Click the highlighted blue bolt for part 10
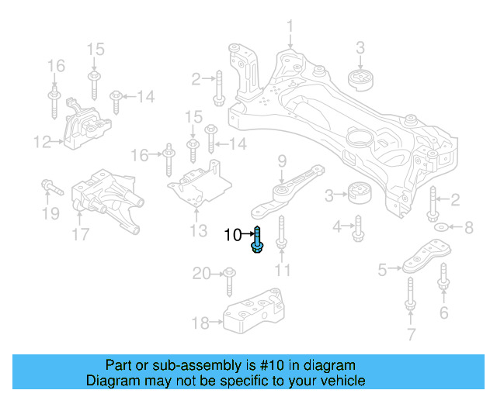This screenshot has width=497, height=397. pos(257,240)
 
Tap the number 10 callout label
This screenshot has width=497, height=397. pos(234,234)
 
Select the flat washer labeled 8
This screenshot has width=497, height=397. pos(440,227)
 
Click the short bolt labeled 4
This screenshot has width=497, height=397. pos(358,227)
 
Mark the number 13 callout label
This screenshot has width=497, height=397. pos(198,230)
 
